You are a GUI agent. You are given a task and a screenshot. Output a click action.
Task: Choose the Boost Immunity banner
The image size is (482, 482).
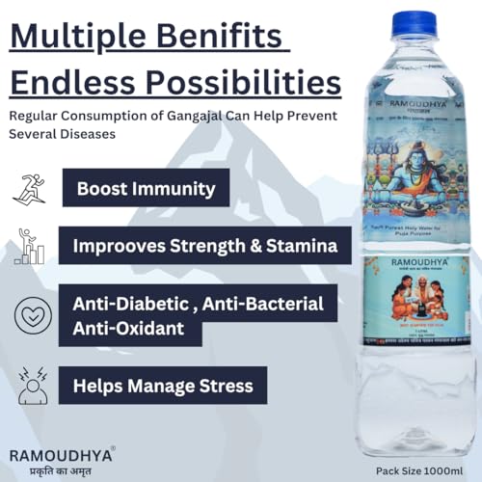pos(145,187)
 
